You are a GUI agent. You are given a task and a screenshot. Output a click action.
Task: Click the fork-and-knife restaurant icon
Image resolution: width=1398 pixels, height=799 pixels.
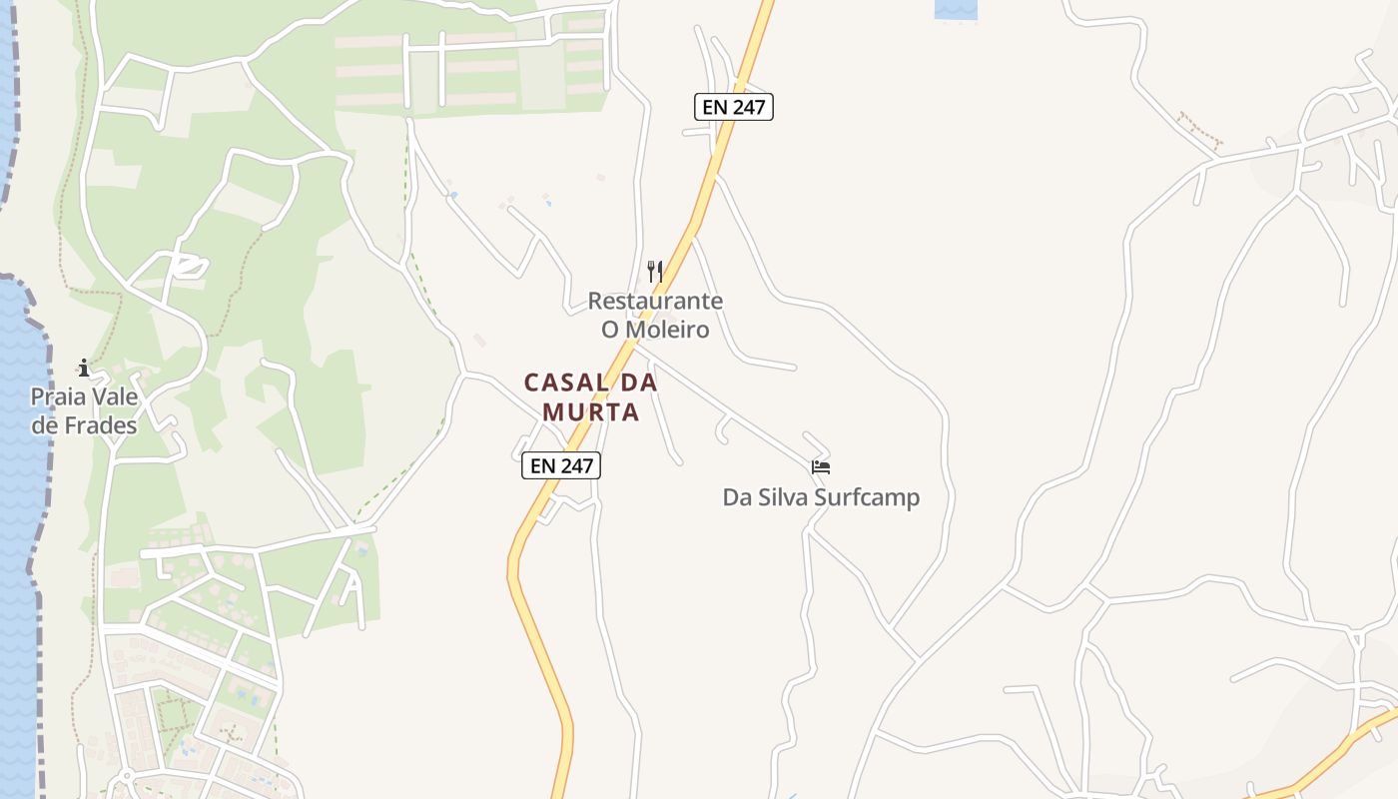pos(655,271)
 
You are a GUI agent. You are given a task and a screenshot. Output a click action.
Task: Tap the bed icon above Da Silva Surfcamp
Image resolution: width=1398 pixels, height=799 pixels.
pos(821,466)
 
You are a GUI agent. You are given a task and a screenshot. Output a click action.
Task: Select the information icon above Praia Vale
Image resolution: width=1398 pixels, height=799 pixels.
pos(84,368)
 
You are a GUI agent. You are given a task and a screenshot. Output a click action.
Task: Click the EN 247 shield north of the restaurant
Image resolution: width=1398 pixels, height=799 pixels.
pos(734,107)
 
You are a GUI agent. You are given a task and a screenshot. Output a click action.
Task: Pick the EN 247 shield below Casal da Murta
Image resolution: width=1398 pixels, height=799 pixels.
pos(561,464)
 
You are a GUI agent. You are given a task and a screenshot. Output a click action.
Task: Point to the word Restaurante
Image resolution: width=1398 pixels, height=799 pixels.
pos(655,301)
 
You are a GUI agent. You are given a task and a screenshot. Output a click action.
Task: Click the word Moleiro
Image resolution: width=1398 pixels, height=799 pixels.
pos(668,329)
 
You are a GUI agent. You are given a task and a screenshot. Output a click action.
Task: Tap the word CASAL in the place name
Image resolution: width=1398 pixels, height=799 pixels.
pos(566,383)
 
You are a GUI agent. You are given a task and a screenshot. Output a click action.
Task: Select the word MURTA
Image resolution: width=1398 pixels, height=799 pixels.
pos(590,411)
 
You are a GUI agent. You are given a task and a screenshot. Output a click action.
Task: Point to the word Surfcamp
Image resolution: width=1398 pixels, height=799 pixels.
pos(867,496)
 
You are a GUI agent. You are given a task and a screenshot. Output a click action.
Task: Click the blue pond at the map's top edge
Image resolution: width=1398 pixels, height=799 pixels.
pos(956,9)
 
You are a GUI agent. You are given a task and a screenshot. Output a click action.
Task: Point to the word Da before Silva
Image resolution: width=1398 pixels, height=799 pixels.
pos(737,496)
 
